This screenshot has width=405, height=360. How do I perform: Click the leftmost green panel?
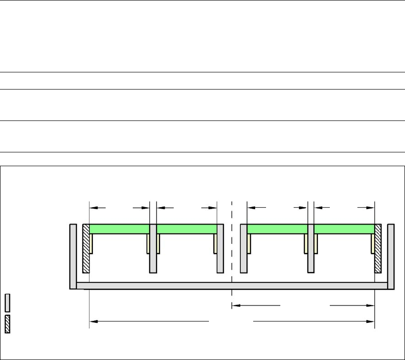point(119,229)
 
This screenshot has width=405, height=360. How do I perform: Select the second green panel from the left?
point(187,229)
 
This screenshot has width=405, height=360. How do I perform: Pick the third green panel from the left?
point(277,229)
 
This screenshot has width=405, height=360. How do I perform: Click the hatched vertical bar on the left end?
point(86,248)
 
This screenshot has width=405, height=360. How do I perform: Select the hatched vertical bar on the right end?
point(378,248)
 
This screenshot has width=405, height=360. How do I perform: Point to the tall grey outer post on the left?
point(73,256)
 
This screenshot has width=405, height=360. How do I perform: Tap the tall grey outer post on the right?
point(391,256)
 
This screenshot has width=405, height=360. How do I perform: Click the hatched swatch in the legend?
point(8,324)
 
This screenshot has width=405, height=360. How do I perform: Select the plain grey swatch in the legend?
point(8,303)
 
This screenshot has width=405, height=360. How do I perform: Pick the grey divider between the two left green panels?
point(153,248)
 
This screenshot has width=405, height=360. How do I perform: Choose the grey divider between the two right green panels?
point(311,248)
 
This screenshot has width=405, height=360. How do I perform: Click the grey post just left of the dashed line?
point(220,248)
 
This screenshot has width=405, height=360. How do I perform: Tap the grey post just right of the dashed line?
point(244,248)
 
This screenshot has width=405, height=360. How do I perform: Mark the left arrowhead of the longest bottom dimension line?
point(93,322)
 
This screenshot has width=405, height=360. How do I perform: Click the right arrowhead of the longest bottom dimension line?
point(371,322)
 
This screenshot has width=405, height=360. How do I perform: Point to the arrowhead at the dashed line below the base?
point(235,305)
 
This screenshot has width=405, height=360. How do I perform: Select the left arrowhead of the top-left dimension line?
point(93,208)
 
